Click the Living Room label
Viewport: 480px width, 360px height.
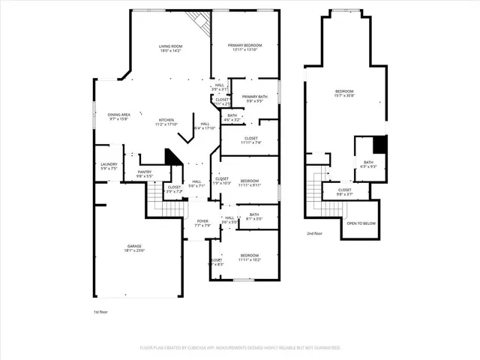pyautogui.click(x=170, y=46)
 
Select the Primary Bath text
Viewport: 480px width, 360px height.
pyautogui.click(x=254, y=97)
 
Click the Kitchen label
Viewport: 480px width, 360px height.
pyautogui.click(x=166, y=120)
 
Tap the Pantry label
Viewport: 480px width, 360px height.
pyautogui.click(x=144, y=172)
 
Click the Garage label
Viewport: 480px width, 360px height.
pyautogui.click(x=134, y=247)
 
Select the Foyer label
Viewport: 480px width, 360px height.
pyautogui.click(x=202, y=222)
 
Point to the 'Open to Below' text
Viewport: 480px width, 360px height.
pyautogui.click(x=361, y=223)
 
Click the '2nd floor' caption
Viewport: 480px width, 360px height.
pyautogui.click(x=315, y=234)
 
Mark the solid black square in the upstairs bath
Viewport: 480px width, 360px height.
pyautogui.click(x=379, y=144)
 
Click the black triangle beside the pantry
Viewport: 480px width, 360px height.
pyautogui.click(x=172, y=157)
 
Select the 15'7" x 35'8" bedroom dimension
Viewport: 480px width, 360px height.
pyautogui.click(x=345, y=96)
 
